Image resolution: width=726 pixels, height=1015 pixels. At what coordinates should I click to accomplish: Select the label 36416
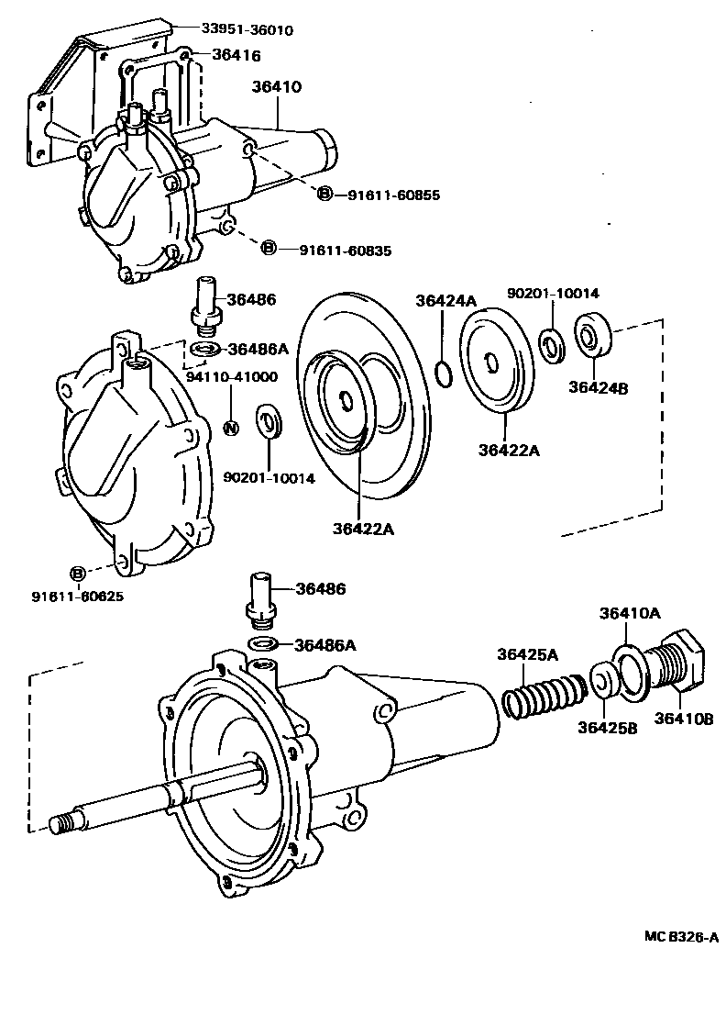(x=236, y=55)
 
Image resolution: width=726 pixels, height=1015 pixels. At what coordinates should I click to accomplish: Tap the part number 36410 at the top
(x=277, y=87)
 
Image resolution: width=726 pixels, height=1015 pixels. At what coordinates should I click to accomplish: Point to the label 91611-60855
(x=394, y=195)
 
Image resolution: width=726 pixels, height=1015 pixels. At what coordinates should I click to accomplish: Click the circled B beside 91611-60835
(x=269, y=248)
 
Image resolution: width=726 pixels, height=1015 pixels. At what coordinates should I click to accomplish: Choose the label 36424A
(x=445, y=300)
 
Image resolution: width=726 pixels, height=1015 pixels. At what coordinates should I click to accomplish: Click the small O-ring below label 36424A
(x=441, y=374)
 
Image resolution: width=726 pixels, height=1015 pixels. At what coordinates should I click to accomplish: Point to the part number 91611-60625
(x=78, y=596)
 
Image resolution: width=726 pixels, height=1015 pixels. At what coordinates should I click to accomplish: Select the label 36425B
(x=608, y=727)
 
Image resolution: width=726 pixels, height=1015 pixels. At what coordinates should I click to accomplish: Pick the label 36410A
(x=631, y=613)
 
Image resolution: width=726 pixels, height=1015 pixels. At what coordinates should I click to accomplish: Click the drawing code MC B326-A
(x=680, y=936)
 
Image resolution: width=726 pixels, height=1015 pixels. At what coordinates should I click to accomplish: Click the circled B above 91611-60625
(x=78, y=574)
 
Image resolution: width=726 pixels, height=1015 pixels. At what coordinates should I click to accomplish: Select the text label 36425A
(x=528, y=654)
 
